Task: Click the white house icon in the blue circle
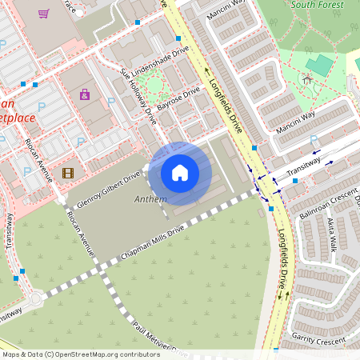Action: [180, 173]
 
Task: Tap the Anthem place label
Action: [151, 198]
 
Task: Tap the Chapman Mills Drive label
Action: [153, 241]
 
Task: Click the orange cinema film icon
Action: [67, 172]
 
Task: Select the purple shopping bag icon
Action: [85, 94]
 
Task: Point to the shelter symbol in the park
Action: [306, 79]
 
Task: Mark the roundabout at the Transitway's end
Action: [34, 300]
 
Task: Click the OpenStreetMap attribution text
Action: [80, 354]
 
